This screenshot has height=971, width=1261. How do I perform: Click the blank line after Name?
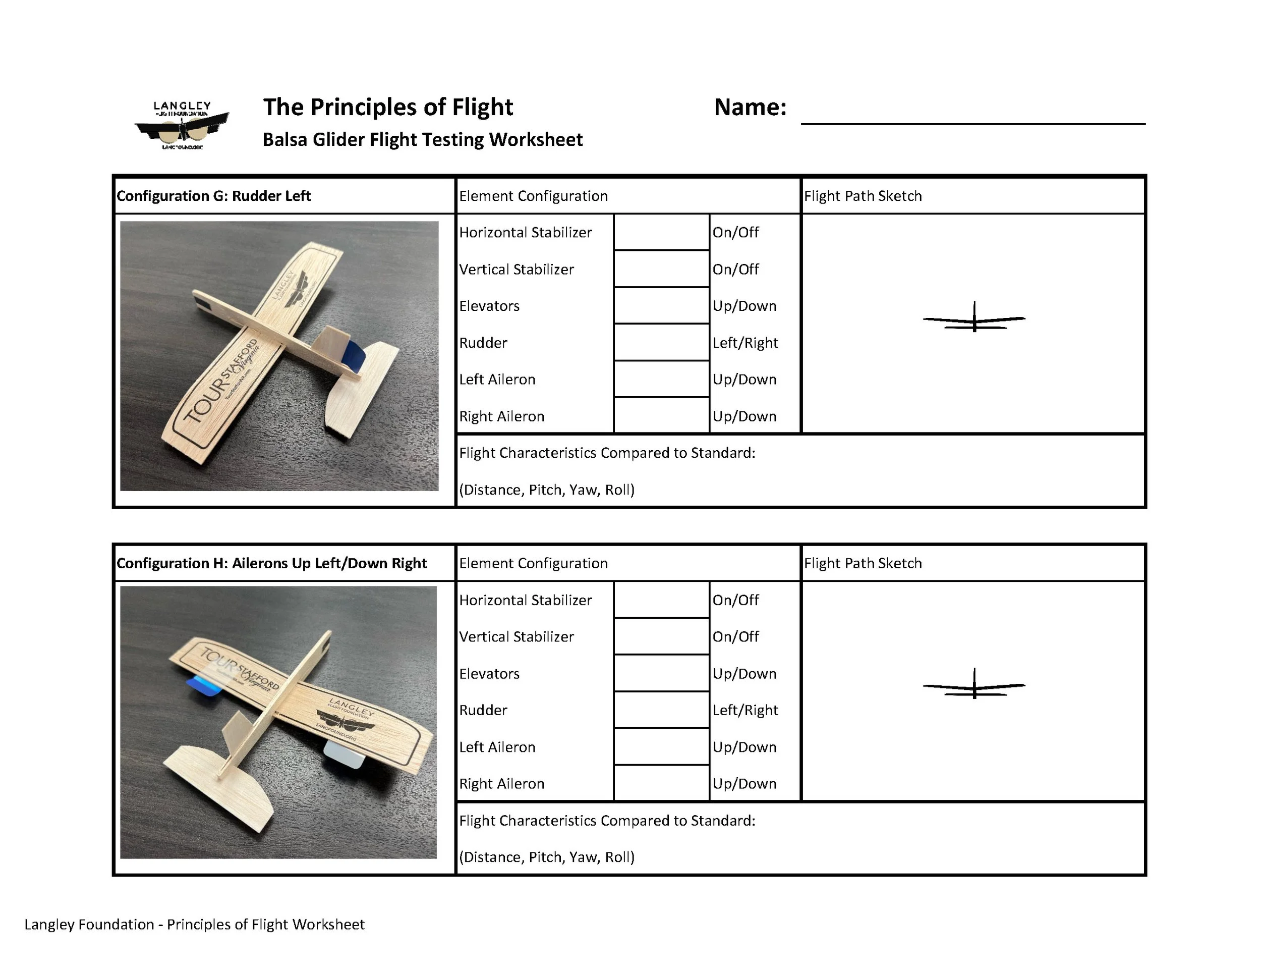click(972, 116)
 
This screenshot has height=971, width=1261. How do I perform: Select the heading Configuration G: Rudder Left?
click(214, 196)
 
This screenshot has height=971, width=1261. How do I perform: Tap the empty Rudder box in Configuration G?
click(661, 343)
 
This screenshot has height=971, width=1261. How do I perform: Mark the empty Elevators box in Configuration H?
click(661, 674)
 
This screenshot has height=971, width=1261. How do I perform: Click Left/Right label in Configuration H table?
click(745, 710)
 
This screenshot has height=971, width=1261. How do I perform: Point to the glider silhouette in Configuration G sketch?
click(974, 318)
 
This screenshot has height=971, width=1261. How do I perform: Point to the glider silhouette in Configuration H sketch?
click(974, 686)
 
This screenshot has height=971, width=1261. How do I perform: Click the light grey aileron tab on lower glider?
click(343, 756)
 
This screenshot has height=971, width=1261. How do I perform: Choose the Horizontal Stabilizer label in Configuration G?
click(526, 232)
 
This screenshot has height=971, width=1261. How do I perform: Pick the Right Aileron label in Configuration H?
click(501, 784)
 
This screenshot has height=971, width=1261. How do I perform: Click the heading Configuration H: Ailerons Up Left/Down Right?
click(271, 563)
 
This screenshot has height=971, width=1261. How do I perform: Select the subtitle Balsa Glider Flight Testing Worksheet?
click(423, 140)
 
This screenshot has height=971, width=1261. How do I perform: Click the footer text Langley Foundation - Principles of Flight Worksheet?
click(194, 924)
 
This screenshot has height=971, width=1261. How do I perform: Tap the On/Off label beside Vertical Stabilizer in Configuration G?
click(735, 269)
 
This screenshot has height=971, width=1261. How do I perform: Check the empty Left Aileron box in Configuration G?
click(661, 380)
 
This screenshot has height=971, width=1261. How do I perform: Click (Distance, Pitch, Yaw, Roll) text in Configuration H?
click(547, 857)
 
